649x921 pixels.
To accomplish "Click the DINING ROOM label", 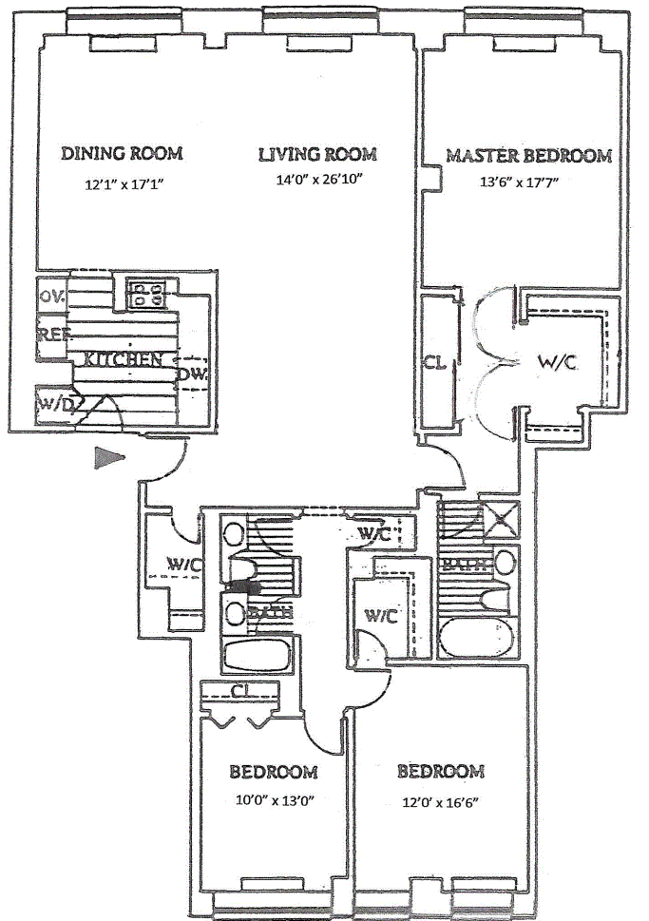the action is click(122, 153).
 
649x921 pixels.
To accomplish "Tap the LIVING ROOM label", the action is click(318, 154).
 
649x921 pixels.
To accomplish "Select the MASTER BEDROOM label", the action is click(529, 156).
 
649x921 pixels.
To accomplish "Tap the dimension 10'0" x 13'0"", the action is click(274, 799).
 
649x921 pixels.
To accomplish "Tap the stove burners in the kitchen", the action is click(145, 291).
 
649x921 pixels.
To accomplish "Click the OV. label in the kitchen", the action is click(52, 296).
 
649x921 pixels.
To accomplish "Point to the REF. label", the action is click(51, 334).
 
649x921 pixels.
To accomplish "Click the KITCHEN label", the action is click(123, 359).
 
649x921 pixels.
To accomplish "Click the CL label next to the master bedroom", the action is click(435, 362).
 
